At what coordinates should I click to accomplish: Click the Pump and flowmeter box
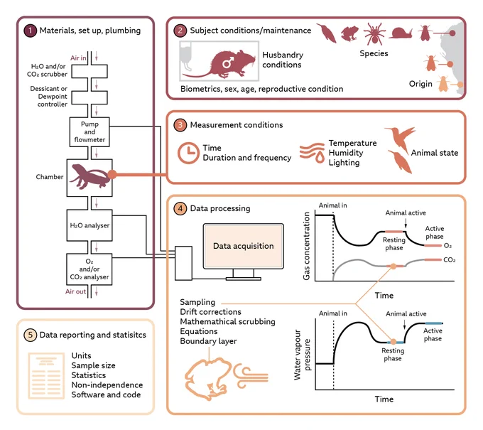(x=89, y=132)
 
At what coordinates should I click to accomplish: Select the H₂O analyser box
(x=89, y=225)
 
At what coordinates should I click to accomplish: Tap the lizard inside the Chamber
(x=89, y=177)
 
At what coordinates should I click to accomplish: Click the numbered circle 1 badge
(x=30, y=31)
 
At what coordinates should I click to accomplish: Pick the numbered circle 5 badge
(x=30, y=335)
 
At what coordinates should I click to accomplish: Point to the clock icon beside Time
(x=188, y=153)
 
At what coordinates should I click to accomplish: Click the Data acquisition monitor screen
(x=244, y=246)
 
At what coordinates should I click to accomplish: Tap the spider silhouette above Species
(x=374, y=33)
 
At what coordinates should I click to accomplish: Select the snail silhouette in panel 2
(x=401, y=33)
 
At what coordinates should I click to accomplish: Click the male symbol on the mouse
(x=227, y=63)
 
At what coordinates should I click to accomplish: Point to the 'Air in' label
(x=78, y=58)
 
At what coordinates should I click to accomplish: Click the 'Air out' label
(x=76, y=291)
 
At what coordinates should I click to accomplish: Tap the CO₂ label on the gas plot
(x=450, y=260)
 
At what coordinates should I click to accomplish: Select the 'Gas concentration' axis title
(x=306, y=246)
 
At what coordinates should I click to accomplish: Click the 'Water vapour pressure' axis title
(x=302, y=355)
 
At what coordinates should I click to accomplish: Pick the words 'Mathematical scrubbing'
(x=227, y=321)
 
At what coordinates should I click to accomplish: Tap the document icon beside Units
(x=46, y=376)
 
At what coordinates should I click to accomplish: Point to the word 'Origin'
(x=420, y=84)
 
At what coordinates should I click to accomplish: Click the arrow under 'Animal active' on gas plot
(x=406, y=223)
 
